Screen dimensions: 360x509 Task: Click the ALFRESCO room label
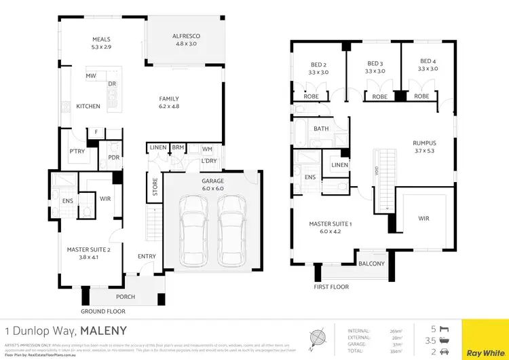[185, 35]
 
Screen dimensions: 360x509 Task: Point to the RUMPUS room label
[424, 143]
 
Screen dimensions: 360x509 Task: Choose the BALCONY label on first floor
[371, 264]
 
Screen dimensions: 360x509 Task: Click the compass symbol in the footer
[318, 338]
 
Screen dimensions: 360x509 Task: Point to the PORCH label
[126, 297]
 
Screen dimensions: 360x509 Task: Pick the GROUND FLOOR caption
[103, 311]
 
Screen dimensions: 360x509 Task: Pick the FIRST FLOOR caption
[331, 287]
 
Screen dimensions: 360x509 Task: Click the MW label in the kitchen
[90, 76]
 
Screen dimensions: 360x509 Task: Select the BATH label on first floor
[320, 128]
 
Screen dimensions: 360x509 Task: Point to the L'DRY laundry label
[209, 161]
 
